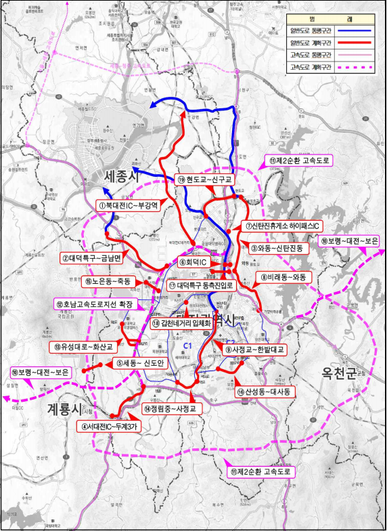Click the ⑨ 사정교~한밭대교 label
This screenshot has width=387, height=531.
point(256,349)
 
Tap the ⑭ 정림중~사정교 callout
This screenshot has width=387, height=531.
point(169,410)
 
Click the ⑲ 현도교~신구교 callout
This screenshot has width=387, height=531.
point(205,179)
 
